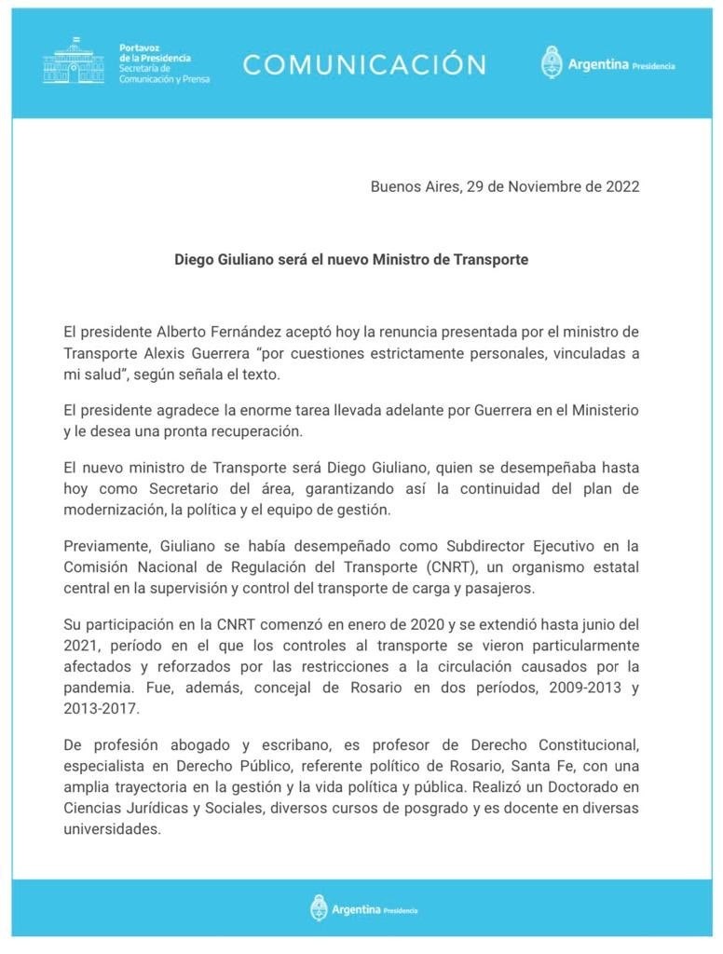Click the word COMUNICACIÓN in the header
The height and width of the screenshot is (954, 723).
[364, 64]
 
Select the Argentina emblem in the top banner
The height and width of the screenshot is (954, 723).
[552, 62]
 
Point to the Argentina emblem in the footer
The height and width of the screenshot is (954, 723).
[319, 907]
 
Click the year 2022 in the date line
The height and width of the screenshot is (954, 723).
[618, 186]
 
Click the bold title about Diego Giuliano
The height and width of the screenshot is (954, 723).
[351, 259]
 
